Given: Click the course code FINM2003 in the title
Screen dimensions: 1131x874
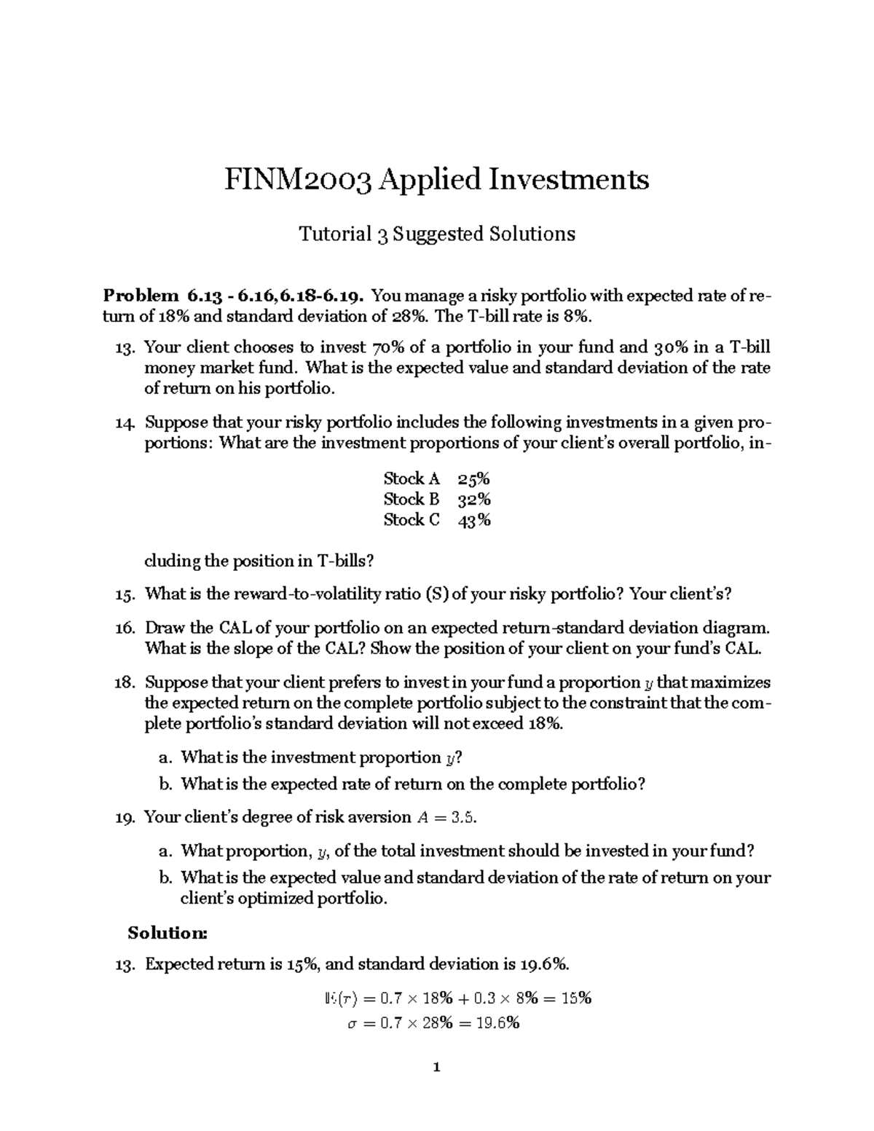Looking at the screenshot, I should click(299, 179).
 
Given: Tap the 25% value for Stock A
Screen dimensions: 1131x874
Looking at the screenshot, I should click(473, 478).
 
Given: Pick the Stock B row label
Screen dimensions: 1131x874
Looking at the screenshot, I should click(412, 499).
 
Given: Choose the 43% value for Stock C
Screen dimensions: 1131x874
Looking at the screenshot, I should click(473, 520).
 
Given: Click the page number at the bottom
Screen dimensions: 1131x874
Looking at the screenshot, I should click(436, 1068).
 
